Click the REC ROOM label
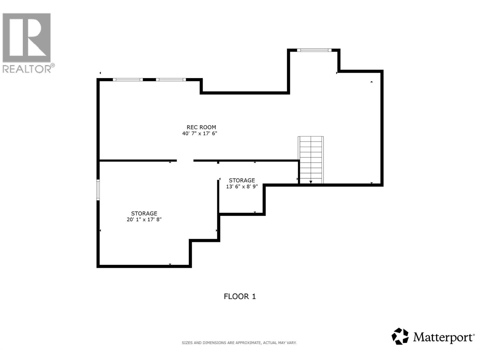(201, 127)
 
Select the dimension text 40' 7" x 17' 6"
(199, 133)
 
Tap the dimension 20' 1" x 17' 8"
(144, 220)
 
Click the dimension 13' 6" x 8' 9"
(242, 186)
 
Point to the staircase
(311, 159)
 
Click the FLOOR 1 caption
(240, 296)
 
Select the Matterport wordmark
(443, 337)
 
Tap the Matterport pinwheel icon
(400, 336)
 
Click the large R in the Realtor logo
(27, 37)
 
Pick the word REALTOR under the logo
(27, 69)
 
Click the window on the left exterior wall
(98, 190)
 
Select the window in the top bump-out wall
(314, 50)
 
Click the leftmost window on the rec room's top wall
(128, 79)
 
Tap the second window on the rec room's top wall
(171, 79)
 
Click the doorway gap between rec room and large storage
(185, 161)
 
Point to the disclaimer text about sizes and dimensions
(239, 343)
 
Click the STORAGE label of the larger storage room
(144, 213)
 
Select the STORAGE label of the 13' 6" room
(242, 180)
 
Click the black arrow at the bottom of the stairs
(311, 182)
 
